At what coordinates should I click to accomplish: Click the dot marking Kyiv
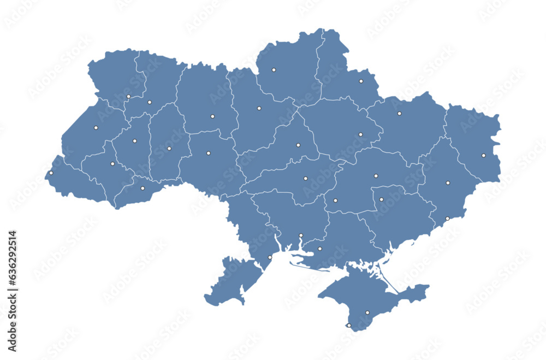click(x=259, y=108)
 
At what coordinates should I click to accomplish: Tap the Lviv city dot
click(x=96, y=128)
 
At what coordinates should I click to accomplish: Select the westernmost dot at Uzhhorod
click(x=51, y=173)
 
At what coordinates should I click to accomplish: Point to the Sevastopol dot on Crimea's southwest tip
click(x=349, y=325)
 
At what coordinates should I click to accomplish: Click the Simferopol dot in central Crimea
click(x=367, y=312)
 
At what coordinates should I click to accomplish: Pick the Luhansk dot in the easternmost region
click(x=483, y=155)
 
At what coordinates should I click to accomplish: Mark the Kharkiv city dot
click(x=399, y=114)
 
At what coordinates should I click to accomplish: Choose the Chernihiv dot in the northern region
click(x=274, y=70)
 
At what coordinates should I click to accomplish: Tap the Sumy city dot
click(x=361, y=81)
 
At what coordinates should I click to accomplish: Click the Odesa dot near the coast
click(x=270, y=257)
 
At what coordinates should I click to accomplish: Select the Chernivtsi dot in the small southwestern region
click(x=143, y=188)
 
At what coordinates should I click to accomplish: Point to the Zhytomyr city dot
click(x=212, y=116)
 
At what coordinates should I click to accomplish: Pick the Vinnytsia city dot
click(x=208, y=153)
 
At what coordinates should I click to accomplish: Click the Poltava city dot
click(x=360, y=134)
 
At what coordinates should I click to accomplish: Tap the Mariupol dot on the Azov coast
click(x=447, y=219)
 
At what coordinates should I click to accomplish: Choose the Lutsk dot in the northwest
click(x=128, y=97)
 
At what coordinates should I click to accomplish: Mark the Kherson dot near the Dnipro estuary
click(x=320, y=249)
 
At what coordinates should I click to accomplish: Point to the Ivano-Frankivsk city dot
click(x=112, y=164)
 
